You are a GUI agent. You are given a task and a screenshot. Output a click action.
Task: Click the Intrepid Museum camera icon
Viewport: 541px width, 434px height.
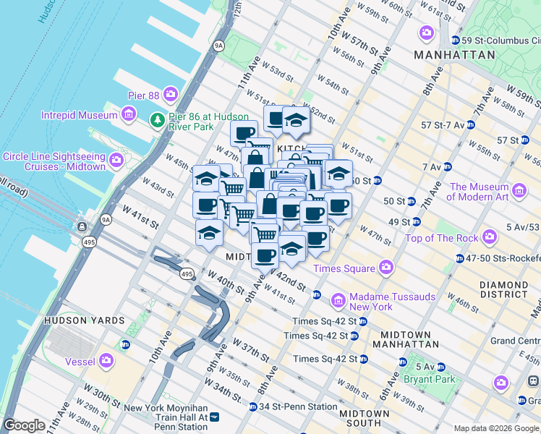tap(129, 114)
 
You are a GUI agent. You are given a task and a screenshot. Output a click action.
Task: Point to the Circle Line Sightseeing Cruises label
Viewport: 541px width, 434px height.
tap(54, 161)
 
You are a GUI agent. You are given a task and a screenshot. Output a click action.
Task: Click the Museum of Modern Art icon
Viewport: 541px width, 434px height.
tap(519, 191)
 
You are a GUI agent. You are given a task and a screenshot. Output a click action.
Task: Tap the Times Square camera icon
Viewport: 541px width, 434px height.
tap(385, 268)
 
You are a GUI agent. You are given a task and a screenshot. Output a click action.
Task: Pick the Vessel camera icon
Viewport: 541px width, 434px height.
tap(107, 359)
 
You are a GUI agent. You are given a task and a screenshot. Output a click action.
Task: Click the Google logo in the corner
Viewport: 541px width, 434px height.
tap(24, 425)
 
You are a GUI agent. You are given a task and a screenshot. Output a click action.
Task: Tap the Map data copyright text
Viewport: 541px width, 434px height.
tap(496, 428)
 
